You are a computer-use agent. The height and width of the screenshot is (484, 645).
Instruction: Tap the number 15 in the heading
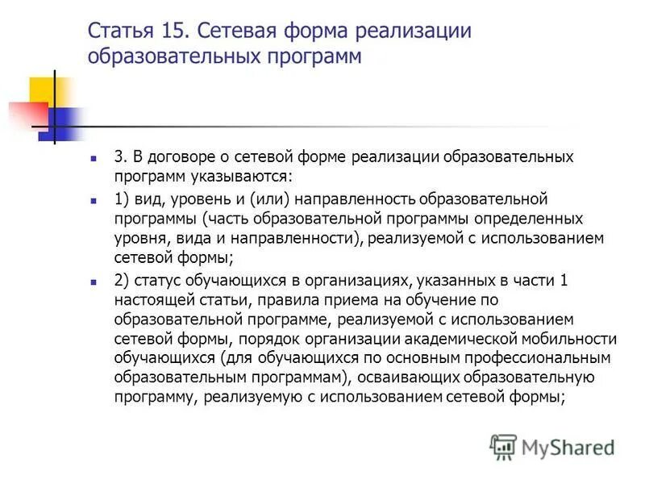coord(175,34)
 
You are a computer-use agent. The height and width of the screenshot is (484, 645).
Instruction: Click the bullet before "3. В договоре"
coord(94,156)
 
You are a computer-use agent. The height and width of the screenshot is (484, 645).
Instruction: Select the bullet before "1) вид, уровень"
coord(94,198)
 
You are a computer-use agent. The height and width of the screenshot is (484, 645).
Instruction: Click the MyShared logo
coord(552,445)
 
